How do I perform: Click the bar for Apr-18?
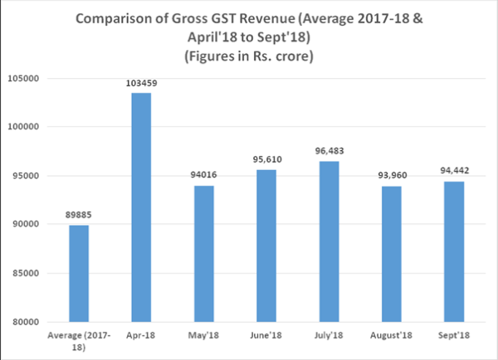[x=141, y=207]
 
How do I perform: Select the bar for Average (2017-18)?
[x=79, y=273]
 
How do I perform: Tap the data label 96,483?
[x=328, y=152]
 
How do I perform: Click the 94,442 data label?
[x=452, y=172]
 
